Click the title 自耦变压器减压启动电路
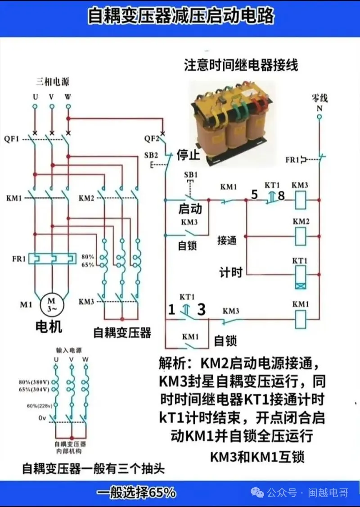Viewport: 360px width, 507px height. coord(180,17)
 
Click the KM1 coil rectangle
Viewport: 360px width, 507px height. coord(301,318)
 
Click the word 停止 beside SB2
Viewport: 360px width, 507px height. coord(188,155)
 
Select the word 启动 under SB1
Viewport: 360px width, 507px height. coord(190,209)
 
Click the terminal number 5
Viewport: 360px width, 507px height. coord(254,195)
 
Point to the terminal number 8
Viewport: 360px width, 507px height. coord(281,195)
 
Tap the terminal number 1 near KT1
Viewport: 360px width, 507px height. coord(171,310)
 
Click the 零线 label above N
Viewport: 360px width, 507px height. coord(319,98)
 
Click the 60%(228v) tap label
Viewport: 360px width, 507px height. coord(40,406)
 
